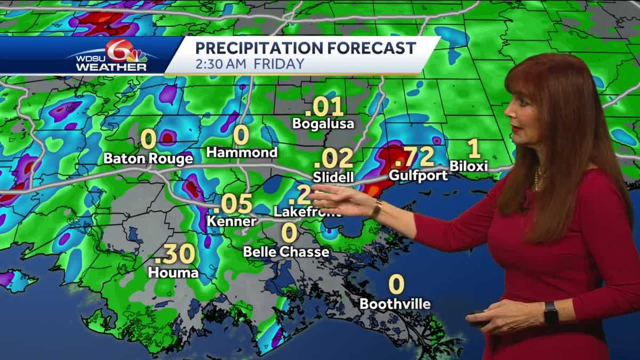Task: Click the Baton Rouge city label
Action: [x=148, y=158]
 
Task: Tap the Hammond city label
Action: [x=242, y=153]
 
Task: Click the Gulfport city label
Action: [x=418, y=175]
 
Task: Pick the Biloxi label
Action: [x=469, y=166]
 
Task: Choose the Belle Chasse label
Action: [x=286, y=251]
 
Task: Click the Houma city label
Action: [x=173, y=273]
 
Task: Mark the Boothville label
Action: [x=395, y=304]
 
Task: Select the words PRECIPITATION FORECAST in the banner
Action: [x=305, y=48]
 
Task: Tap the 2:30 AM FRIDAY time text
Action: [x=250, y=64]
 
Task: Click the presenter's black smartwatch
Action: [x=550, y=313]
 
